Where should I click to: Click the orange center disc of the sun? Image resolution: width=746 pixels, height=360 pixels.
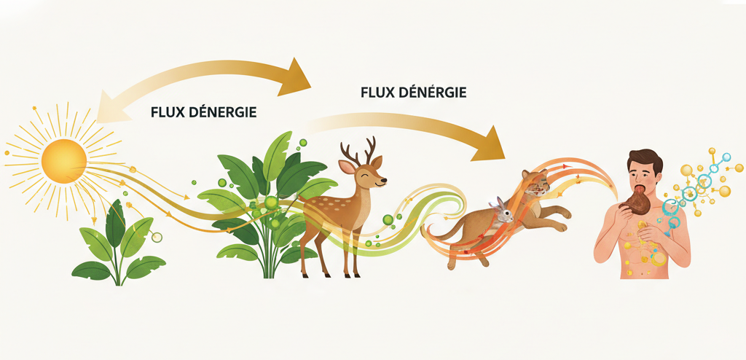pyautogui.click(x=64, y=161)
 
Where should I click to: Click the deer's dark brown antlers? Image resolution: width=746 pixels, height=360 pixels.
pyautogui.click(x=361, y=150)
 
